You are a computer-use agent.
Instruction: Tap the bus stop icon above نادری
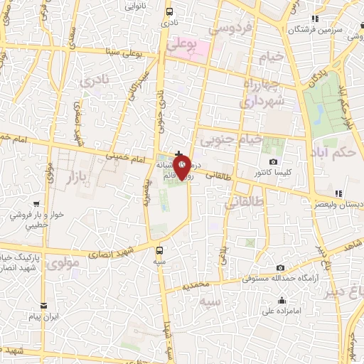(169, 12)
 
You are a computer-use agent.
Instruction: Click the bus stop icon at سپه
(160, 250)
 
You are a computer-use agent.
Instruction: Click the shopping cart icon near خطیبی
(15, 211)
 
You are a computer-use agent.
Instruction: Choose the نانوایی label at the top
(136, 5)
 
